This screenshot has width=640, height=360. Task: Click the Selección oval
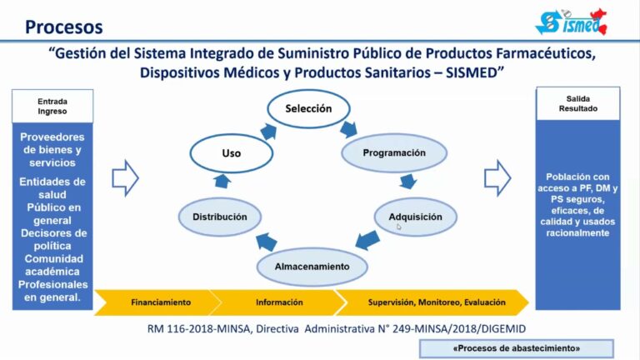[308, 108]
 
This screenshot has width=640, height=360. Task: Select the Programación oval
[394, 153]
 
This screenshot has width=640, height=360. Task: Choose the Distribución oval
[220, 217]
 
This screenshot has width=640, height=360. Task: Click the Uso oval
[231, 154]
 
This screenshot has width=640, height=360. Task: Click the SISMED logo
[570, 22]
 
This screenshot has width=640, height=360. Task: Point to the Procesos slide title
[64, 27]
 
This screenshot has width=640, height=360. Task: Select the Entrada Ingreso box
[52, 105]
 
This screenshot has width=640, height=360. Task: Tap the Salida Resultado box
[577, 103]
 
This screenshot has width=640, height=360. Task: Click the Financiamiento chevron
[158, 302]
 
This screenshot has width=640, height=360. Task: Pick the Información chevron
[278, 302]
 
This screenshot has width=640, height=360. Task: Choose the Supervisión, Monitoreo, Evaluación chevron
[427, 302]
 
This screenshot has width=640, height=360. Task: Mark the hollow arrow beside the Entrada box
[125, 177]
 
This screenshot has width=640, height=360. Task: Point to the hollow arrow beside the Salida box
[497, 176]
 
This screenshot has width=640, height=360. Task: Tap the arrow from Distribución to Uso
[222, 182]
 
